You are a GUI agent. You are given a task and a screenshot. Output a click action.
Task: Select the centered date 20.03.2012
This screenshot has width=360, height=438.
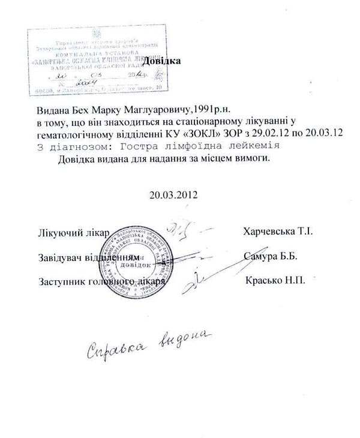click(173, 194)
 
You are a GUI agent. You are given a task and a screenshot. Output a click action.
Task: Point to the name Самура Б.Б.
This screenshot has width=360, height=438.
click(271, 256)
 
